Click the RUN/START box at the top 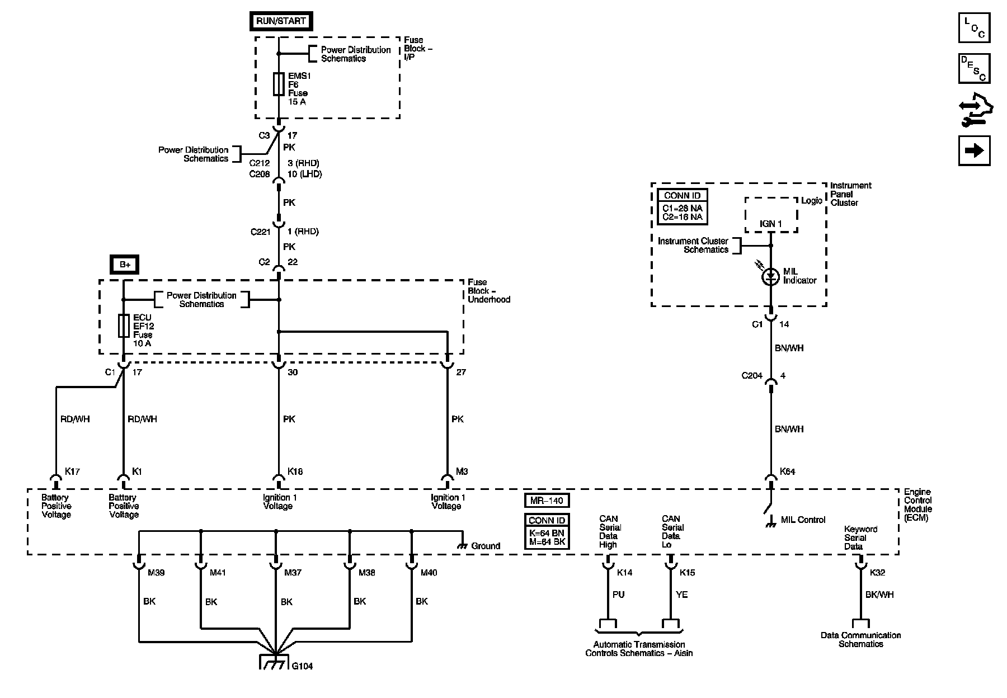click(281, 21)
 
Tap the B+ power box click(125, 265)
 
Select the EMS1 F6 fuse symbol click(279, 84)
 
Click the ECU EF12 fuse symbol click(124, 326)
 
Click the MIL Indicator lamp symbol click(771, 276)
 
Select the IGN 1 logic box click(771, 215)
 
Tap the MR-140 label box click(547, 500)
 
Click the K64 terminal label click(787, 471)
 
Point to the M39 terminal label click(156, 573)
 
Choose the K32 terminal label click(878, 573)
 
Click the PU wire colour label click(618, 595)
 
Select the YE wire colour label click(681, 595)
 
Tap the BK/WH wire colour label click(879, 595)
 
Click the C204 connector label click(752, 376)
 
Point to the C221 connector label click(261, 232)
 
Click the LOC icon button click(974, 27)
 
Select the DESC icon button click(974, 68)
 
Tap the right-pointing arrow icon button click(974, 150)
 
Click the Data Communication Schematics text click(860, 640)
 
